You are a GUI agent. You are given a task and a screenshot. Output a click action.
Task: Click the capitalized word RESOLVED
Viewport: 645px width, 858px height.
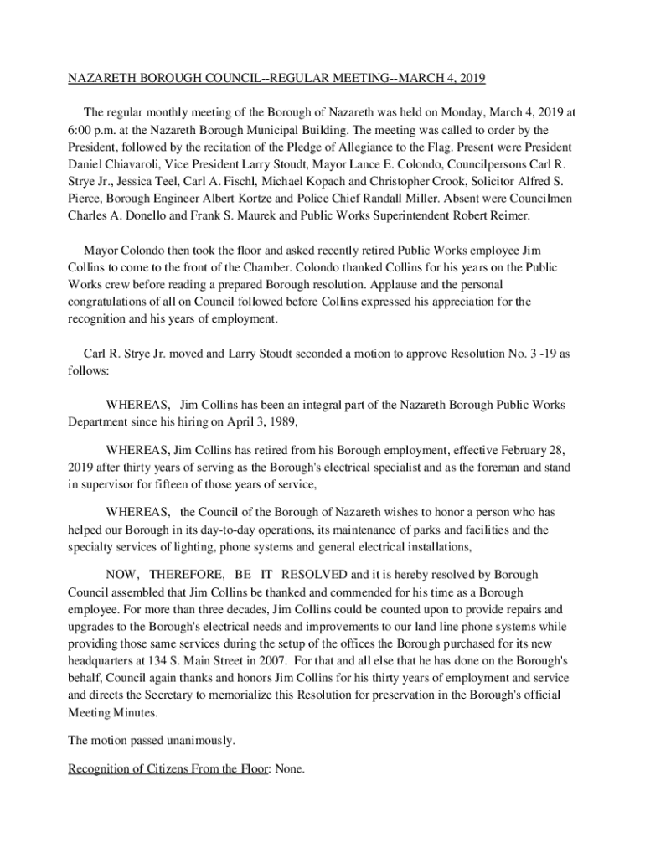point(313,575)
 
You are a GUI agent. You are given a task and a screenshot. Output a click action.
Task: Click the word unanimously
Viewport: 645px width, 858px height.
point(196,740)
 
